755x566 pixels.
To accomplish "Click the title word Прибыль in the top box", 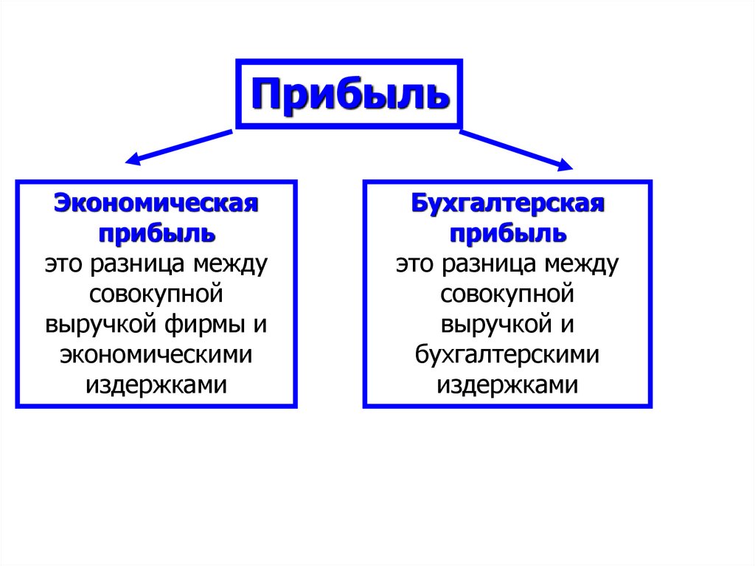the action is pyautogui.click(x=349, y=94).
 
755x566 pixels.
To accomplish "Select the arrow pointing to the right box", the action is pyautogui.click(x=516, y=150).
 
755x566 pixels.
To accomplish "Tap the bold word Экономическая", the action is pyautogui.click(x=156, y=203).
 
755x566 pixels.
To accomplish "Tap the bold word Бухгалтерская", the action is pyautogui.click(x=508, y=203).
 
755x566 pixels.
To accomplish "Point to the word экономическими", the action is pyautogui.click(x=156, y=355).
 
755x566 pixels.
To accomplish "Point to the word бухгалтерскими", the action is pyautogui.click(x=507, y=355).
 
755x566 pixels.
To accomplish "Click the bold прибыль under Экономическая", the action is pyautogui.click(x=156, y=233).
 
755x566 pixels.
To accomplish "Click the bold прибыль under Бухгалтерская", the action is pyautogui.click(x=508, y=233).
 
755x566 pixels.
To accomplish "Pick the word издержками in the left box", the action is pyautogui.click(x=156, y=385).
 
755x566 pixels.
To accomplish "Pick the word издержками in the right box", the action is pyautogui.click(x=507, y=385).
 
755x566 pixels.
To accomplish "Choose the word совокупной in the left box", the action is pyautogui.click(x=156, y=294).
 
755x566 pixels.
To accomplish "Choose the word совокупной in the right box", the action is pyautogui.click(x=507, y=294).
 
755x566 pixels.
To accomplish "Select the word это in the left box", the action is pyautogui.click(x=61, y=263).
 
